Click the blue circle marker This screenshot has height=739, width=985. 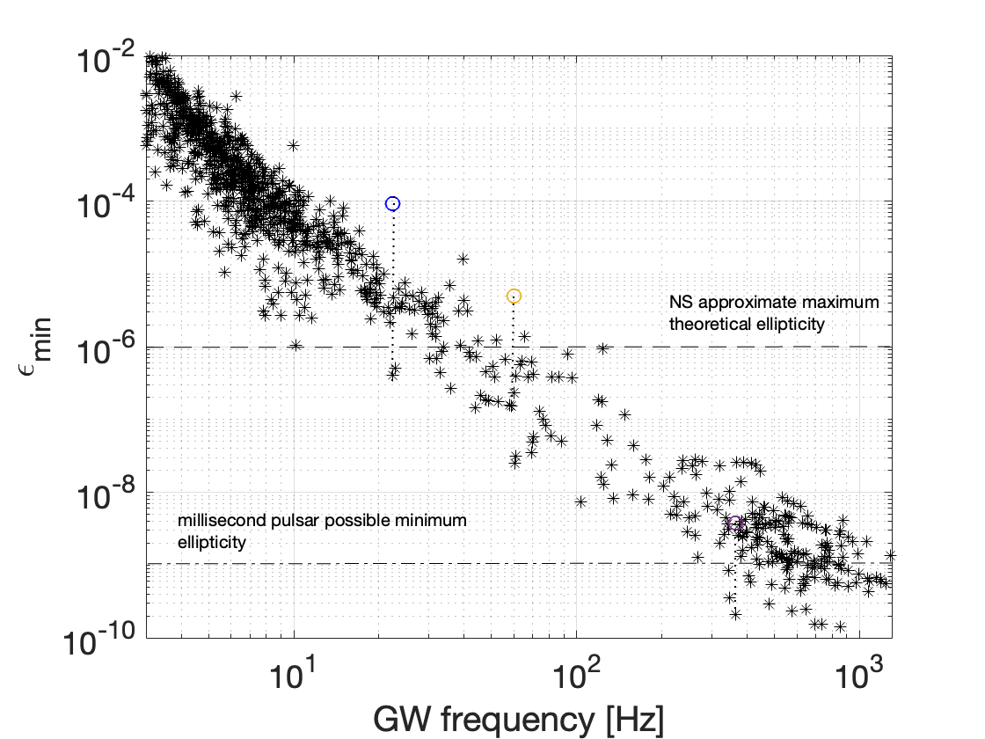click(393, 203)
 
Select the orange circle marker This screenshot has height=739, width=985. click(514, 296)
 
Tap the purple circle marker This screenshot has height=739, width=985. click(735, 524)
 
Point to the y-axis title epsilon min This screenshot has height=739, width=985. click(33, 351)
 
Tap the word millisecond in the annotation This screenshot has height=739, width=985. click(221, 521)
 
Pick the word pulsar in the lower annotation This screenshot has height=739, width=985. click(292, 521)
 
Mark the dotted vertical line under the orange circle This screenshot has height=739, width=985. click(514, 330)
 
